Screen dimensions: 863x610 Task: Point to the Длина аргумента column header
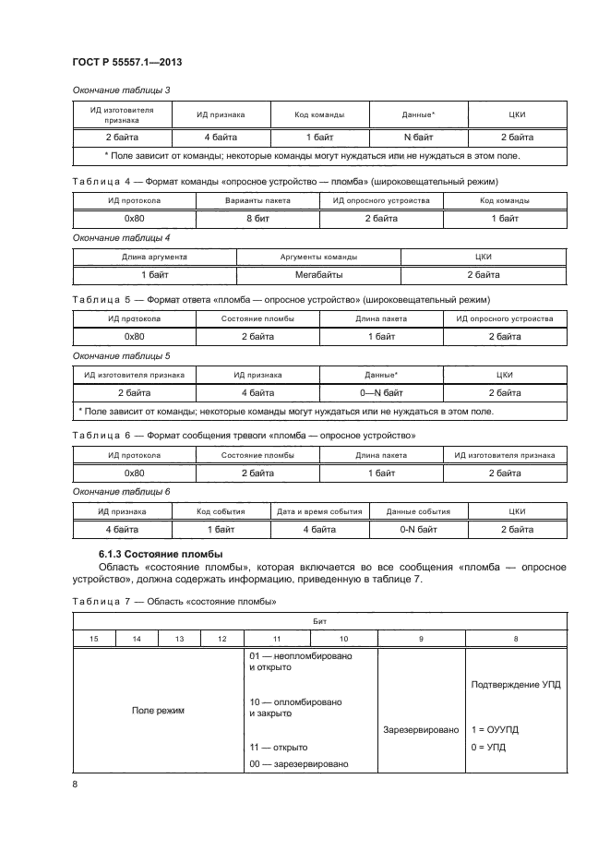(x=155, y=257)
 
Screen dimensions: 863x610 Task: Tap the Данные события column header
(x=418, y=510)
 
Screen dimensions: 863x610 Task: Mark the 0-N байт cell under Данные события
(x=418, y=530)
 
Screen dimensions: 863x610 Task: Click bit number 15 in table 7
(x=94, y=639)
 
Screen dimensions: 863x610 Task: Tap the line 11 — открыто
(x=279, y=747)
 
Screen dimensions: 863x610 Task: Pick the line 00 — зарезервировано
(x=298, y=764)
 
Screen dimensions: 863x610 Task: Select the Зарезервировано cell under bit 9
(x=421, y=729)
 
